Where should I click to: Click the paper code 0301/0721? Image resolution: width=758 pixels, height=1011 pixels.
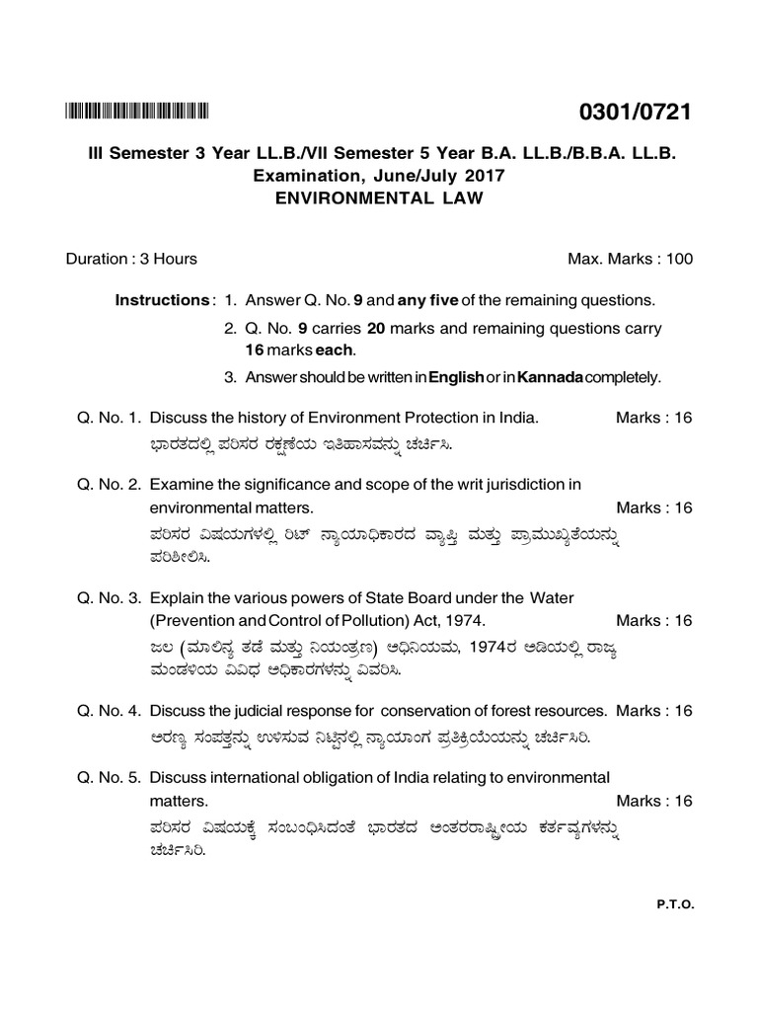click(x=638, y=113)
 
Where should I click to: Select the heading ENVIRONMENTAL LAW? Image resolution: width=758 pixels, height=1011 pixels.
click(x=379, y=196)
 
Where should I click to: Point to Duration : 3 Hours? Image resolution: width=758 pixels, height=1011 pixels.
click(x=131, y=259)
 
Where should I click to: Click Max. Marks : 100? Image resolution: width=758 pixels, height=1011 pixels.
click(x=630, y=259)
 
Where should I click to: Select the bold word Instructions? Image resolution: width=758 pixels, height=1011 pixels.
click(x=162, y=299)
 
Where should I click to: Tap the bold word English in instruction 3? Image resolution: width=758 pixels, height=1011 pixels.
click(x=454, y=377)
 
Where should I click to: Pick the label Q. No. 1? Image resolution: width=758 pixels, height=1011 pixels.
click(x=109, y=418)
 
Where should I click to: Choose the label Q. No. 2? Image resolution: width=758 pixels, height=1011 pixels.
click(x=109, y=484)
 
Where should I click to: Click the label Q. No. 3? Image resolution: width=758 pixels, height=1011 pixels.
click(x=109, y=597)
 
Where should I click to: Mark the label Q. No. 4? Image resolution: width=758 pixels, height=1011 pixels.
click(x=109, y=711)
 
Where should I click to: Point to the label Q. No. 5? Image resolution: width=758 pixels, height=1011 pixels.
click(x=109, y=777)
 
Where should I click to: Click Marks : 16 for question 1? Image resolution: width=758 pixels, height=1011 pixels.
click(x=653, y=418)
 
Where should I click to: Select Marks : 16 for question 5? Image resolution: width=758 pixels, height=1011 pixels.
click(x=653, y=801)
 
